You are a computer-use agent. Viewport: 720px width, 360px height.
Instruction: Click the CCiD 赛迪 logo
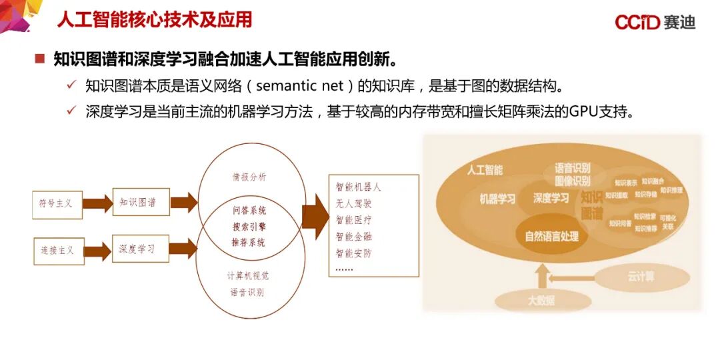click(655, 22)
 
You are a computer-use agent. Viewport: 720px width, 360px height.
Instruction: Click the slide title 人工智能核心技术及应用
click(154, 19)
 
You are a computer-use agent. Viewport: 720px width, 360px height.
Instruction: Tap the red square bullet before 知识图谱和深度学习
click(40, 59)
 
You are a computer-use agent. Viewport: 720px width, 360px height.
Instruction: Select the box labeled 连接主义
click(58, 251)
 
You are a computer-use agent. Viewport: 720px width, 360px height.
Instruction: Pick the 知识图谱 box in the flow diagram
click(140, 202)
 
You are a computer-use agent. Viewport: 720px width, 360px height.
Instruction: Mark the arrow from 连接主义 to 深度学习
click(98, 251)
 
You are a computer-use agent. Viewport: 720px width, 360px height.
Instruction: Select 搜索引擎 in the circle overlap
click(249, 226)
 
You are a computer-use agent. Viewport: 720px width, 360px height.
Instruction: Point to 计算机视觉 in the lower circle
click(248, 275)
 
